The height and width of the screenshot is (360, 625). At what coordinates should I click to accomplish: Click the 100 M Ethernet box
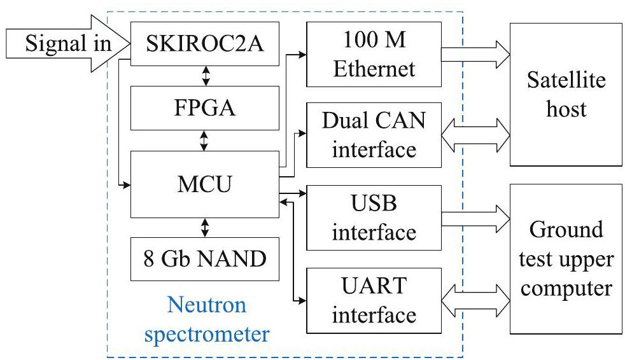(x=374, y=56)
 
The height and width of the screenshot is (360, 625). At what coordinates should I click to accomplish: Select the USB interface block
(x=374, y=218)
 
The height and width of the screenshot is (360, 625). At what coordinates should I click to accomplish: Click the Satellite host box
(x=566, y=94)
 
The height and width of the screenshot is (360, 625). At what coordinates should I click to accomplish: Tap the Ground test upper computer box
(x=566, y=259)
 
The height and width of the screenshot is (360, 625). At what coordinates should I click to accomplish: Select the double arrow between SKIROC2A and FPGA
(x=204, y=75)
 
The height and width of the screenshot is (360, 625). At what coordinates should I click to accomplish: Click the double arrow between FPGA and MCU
(x=204, y=141)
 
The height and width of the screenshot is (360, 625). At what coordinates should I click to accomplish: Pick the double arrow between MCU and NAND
(x=204, y=226)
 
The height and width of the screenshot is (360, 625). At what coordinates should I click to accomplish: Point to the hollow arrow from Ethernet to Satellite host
(x=475, y=55)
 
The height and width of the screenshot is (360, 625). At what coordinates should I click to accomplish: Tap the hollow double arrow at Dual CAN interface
(x=475, y=135)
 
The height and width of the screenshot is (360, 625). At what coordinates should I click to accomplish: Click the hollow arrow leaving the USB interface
(x=475, y=218)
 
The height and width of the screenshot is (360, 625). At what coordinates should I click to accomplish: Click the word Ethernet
(x=374, y=68)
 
